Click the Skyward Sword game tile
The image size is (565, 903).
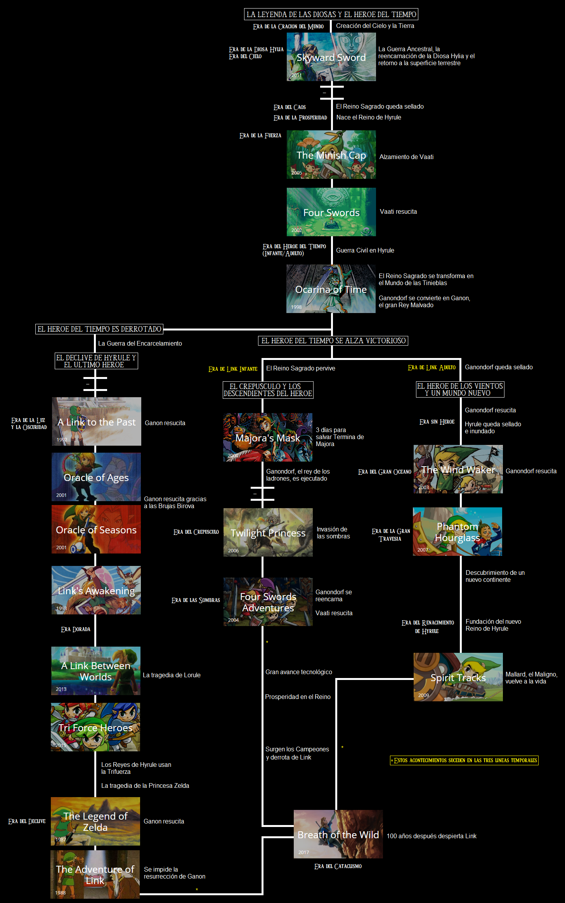(x=331, y=57)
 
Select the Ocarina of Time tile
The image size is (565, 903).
(x=331, y=289)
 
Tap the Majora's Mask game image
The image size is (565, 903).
(x=267, y=437)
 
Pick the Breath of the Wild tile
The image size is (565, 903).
(x=338, y=834)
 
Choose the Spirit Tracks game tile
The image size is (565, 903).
(x=458, y=677)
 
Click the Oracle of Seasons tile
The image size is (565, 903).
(x=96, y=529)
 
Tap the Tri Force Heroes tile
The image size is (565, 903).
(x=95, y=727)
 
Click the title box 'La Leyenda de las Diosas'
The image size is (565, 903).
(x=331, y=14)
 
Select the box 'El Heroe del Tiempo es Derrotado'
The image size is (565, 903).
(x=99, y=329)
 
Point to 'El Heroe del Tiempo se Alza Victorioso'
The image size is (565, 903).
(x=333, y=341)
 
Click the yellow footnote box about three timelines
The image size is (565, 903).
(x=464, y=760)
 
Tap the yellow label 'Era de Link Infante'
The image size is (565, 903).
(x=233, y=369)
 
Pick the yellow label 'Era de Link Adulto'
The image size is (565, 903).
(x=432, y=367)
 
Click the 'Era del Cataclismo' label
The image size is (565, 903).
(x=338, y=866)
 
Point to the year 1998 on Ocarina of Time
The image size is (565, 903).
(x=296, y=307)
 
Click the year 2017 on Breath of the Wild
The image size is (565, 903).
(x=303, y=852)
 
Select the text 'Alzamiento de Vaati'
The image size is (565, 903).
(x=406, y=157)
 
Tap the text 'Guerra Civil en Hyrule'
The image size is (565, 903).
(x=365, y=250)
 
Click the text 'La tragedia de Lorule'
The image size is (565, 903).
(x=172, y=675)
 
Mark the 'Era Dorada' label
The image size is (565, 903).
(x=76, y=629)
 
